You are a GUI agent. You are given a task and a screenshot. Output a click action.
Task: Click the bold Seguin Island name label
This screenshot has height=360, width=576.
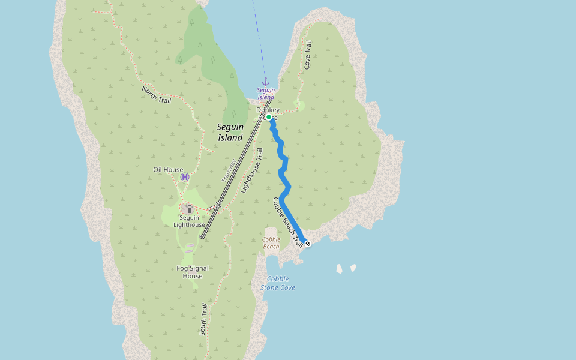[x=230, y=132]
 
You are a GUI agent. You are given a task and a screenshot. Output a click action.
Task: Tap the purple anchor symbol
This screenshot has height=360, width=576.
[x=265, y=81]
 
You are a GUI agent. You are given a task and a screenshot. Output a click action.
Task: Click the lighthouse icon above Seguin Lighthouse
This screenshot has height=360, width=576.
[x=189, y=209]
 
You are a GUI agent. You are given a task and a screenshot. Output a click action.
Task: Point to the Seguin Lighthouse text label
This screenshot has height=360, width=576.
[x=189, y=221]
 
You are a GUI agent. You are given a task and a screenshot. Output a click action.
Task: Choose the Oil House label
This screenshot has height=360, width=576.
[x=168, y=170]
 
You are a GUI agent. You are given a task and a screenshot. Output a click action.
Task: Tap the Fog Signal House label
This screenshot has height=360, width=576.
[x=193, y=272]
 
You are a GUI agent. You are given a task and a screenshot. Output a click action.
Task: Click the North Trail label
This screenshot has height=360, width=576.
[x=157, y=95]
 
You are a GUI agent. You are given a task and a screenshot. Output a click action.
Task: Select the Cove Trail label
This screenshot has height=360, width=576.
[x=308, y=55]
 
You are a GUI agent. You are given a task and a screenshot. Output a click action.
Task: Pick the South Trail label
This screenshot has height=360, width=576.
[x=204, y=319]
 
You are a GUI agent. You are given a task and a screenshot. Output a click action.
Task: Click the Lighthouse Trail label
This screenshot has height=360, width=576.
[x=252, y=170]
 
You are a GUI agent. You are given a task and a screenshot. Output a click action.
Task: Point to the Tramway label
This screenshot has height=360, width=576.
[x=229, y=171]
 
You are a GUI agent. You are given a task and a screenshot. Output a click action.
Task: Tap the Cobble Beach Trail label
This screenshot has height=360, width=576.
[x=287, y=222]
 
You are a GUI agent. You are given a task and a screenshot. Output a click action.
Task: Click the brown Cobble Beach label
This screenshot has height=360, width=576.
[x=271, y=242]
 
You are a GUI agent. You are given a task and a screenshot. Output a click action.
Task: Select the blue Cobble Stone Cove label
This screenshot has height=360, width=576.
[x=278, y=283]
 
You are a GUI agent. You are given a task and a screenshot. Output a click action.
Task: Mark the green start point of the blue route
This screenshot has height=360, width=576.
[x=269, y=118]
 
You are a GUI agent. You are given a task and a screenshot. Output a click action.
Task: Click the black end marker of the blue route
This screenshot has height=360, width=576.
[x=308, y=244]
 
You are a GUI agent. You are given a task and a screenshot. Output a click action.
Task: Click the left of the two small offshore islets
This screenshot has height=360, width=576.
[x=340, y=269]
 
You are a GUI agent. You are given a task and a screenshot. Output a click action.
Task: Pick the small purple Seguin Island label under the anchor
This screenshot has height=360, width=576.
[x=266, y=94]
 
